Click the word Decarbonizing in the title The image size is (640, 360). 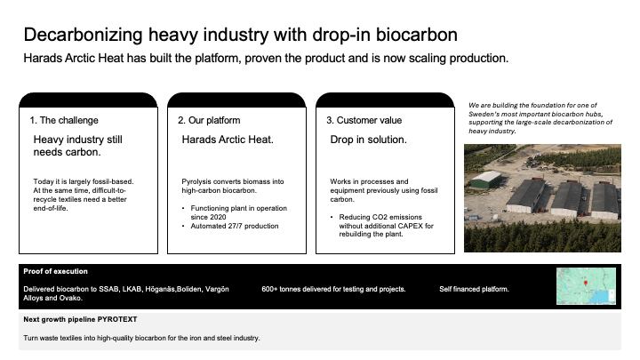click(84, 35)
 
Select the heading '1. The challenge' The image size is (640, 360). click(64, 120)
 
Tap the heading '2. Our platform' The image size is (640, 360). click(209, 120)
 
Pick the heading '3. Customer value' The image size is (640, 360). click(364, 120)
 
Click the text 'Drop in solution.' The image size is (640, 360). click(369, 140)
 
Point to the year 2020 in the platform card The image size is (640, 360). click(208, 217)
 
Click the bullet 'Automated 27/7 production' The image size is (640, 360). click(235, 226)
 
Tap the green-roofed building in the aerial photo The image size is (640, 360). click(485, 180)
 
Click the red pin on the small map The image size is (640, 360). click(586, 283)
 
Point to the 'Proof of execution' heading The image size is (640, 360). click(55, 271)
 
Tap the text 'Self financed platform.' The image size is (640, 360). click(474, 290)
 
